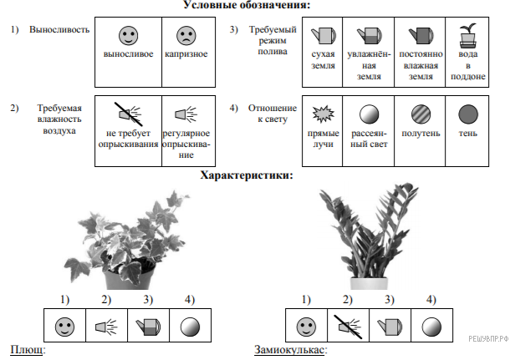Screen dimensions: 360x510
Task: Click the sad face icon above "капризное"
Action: point(185,36)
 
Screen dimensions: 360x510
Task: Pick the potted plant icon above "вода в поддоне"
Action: point(467,36)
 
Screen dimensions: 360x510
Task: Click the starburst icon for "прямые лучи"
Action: point(322,114)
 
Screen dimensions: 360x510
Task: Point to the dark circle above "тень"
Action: point(467,114)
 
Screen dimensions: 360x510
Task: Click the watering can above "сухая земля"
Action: point(322,36)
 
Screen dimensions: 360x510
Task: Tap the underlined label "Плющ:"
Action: point(28,349)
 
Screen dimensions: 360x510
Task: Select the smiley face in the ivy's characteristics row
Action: point(64,324)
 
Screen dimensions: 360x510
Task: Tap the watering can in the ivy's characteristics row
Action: point(148,324)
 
